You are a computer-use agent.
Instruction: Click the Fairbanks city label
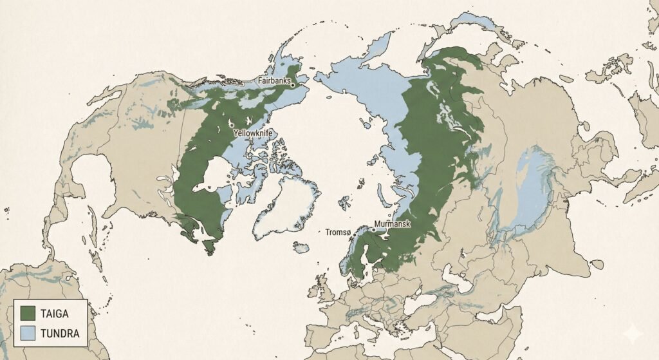click(274, 81)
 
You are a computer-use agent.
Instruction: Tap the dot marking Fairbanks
click(292, 84)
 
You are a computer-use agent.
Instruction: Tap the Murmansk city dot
click(373, 229)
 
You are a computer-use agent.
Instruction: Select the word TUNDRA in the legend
click(59, 333)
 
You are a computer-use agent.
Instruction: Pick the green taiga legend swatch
click(28, 314)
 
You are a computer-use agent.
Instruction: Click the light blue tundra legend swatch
click(28, 333)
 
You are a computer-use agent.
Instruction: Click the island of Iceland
click(301, 247)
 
